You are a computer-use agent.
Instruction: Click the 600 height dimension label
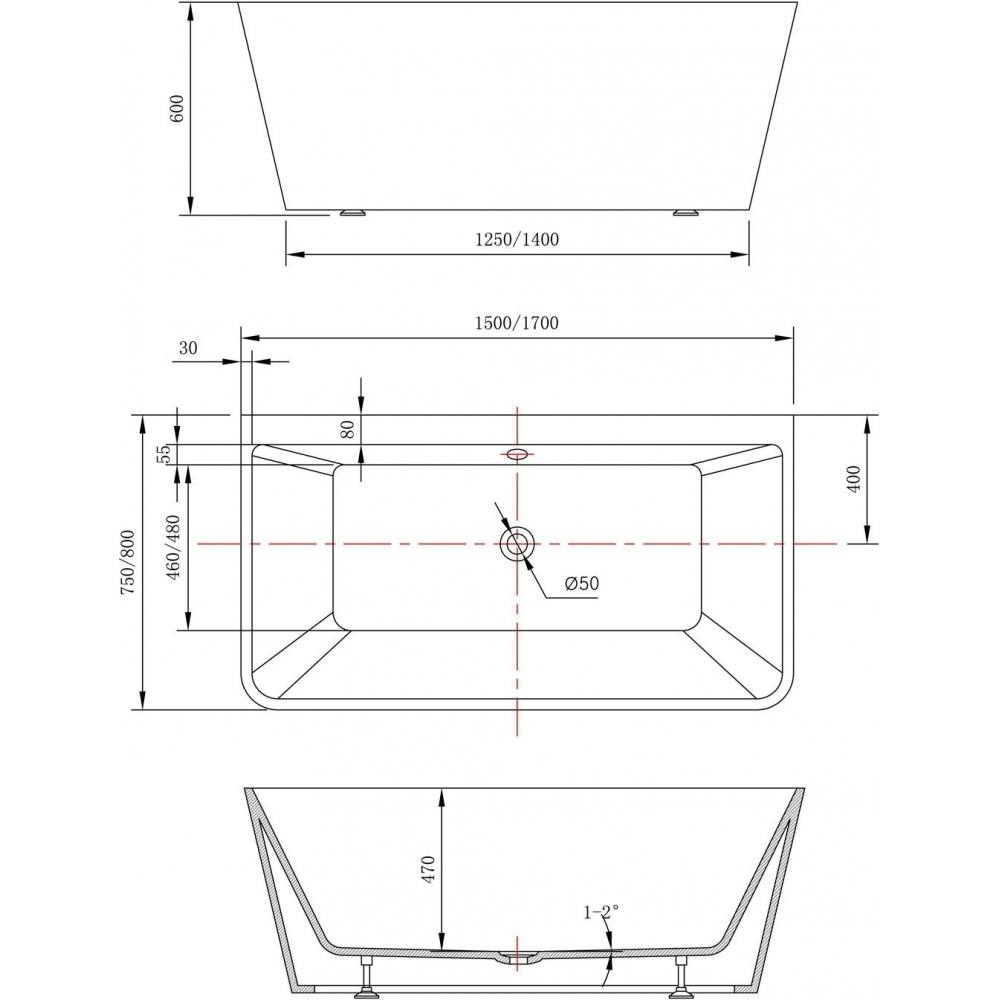(x=177, y=108)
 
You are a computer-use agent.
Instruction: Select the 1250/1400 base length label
(x=517, y=239)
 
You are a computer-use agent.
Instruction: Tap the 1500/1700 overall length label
(x=517, y=323)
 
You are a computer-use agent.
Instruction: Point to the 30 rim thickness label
(x=188, y=348)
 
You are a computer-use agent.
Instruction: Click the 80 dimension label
(x=348, y=430)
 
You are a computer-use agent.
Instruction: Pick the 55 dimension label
(x=164, y=453)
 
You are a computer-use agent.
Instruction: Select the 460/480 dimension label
(x=173, y=547)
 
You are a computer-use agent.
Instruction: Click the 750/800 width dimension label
(x=128, y=562)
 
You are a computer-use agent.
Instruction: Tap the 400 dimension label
(x=854, y=478)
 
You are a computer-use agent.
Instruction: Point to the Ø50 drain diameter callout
(x=582, y=583)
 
